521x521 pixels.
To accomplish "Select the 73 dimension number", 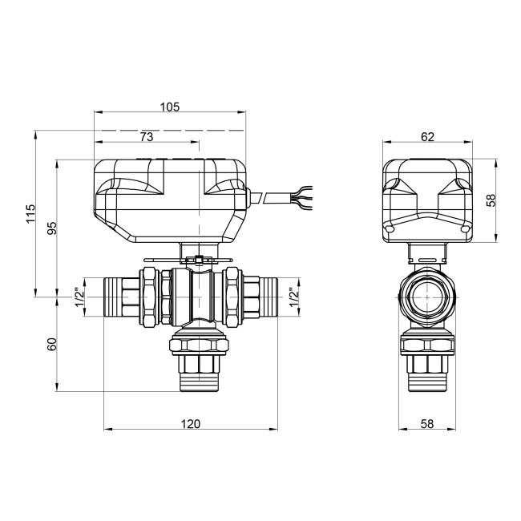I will click(146, 137).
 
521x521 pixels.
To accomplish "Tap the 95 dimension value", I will click(51, 228).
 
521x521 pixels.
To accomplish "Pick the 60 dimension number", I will click(51, 345).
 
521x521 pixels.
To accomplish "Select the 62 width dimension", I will click(427, 137).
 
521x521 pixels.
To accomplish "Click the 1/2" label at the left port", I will click(79, 297).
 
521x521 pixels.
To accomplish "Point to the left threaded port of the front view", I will click(120, 297).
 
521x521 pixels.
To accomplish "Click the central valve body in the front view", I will click(192, 297).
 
